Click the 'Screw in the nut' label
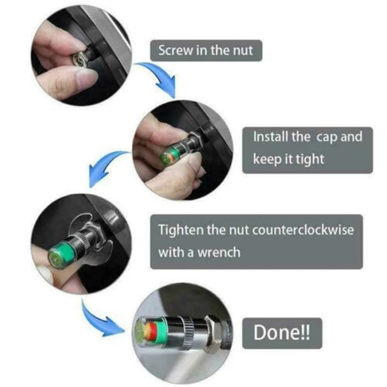pyautogui.click(x=206, y=51)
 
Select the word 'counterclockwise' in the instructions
pyautogui.click(x=303, y=230)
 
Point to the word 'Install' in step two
pyautogui.click(x=271, y=137)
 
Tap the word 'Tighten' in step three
pyautogui.click(x=181, y=230)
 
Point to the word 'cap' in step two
pyautogui.click(x=326, y=137)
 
